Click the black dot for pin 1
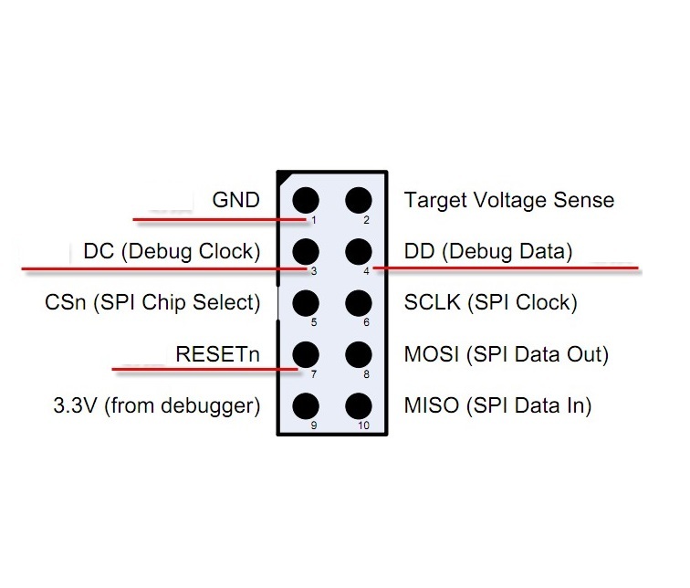(305, 200)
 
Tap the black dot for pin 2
(359, 200)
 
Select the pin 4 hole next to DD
(359, 251)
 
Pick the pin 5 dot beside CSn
(305, 302)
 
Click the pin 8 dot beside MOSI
(359, 353)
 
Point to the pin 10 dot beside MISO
(359, 405)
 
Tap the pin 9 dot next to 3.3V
(305, 405)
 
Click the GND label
(236, 200)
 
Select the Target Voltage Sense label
(509, 200)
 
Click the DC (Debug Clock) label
(172, 251)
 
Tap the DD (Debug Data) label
(488, 251)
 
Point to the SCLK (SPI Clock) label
(490, 302)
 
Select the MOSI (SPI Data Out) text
(507, 353)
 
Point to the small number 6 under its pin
(366, 321)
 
